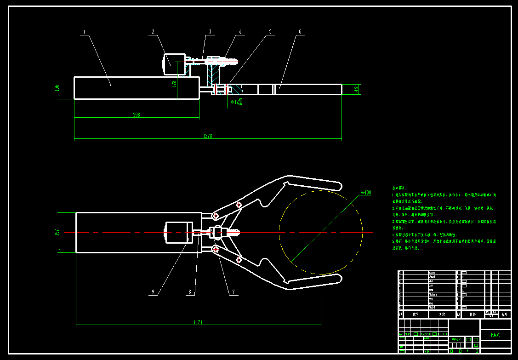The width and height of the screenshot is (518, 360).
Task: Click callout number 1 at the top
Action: coord(84,32)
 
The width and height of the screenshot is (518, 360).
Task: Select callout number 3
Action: coord(210,32)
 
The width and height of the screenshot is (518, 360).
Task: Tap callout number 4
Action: coord(239,32)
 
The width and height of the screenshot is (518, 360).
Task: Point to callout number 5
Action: coord(270,32)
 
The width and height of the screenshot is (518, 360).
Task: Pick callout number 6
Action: coord(300,32)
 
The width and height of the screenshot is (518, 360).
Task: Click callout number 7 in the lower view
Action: coord(233,291)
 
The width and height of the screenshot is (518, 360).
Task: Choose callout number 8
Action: coord(189,291)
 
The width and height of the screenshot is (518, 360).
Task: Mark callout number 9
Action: coord(153,291)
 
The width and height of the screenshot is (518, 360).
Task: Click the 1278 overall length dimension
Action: coord(208,136)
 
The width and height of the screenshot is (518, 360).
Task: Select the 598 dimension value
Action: coord(136,114)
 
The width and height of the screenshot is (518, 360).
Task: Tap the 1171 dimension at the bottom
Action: coord(198,322)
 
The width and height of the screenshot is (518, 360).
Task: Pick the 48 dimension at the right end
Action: coord(357,89)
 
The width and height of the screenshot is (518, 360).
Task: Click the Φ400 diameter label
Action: coord(366,192)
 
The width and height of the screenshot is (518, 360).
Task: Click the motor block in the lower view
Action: coord(177,233)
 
